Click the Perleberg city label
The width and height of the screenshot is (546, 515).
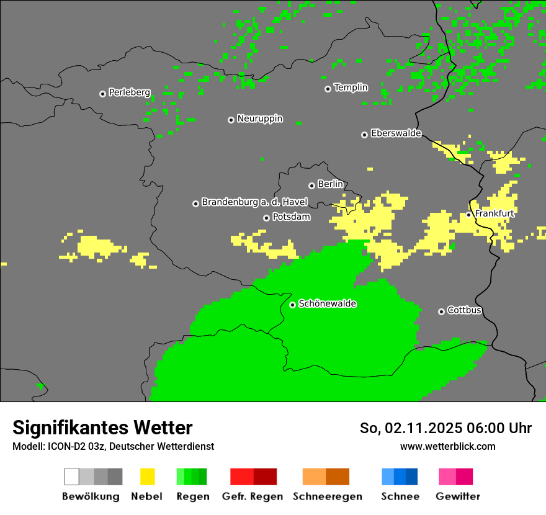(x=129, y=92)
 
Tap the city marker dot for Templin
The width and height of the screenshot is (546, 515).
(x=328, y=89)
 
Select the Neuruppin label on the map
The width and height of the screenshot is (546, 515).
(x=259, y=119)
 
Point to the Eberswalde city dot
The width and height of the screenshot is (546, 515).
(x=364, y=135)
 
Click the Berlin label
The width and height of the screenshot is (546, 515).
(x=330, y=184)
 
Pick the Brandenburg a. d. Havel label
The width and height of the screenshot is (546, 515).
(x=254, y=202)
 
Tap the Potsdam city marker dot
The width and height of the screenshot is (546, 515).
(x=266, y=218)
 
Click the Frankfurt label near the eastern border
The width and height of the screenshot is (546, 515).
(x=495, y=213)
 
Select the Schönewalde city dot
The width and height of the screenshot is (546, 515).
(x=292, y=305)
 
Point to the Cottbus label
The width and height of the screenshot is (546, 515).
(x=464, y=310)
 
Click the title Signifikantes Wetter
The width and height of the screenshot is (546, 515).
(x=102, y=428)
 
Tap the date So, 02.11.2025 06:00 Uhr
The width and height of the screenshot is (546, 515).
(x=445, y=428)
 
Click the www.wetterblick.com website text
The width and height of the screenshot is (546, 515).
(x=447, y=446)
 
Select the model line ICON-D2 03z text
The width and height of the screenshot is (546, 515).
(x=113, y=446)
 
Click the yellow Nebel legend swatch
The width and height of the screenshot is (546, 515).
(x=147, y=477)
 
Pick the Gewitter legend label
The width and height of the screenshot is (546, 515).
(x=458, y=496)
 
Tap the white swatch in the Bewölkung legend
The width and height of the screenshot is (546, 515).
(x=71, y=477)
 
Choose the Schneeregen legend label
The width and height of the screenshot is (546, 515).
(x=327, y=496)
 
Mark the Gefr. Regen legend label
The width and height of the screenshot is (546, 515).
(x=252, y=496)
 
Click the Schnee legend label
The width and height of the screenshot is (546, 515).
(x=400, y=496)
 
